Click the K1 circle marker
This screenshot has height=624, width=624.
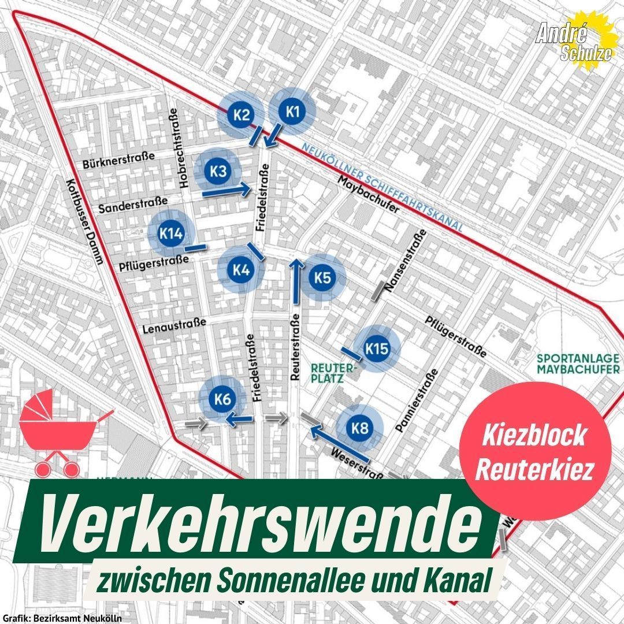tap(293, 112)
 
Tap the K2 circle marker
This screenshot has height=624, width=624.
tap(241, 114)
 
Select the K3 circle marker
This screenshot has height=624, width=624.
tap(218, 171)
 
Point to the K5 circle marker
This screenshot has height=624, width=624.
tap(322, 278)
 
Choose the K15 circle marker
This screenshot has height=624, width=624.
tap(376, 349)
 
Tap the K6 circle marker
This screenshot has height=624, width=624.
tap(222, 399)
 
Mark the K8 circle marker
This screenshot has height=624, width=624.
tap(360, 428)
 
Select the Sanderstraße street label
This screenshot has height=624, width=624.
tap(133, 204)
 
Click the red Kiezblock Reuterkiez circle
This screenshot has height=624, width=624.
tap(534, 452)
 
